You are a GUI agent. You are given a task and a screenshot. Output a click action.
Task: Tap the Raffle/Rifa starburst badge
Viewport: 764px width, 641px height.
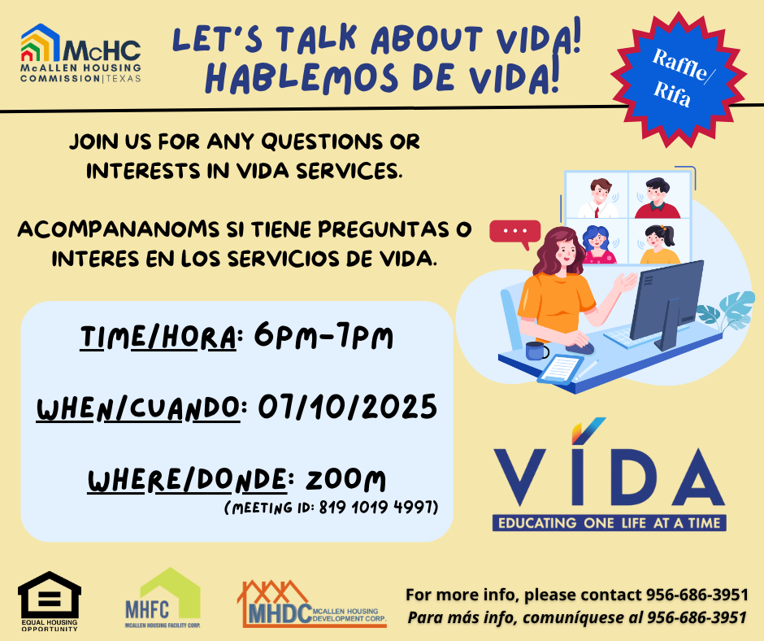point(679,79)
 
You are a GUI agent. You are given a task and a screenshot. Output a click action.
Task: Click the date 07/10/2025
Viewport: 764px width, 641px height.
point(347,408)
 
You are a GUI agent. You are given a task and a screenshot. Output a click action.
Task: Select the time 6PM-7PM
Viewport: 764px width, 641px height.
point(323,335)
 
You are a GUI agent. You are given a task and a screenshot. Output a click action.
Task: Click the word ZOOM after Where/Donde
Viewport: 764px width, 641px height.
point(345,480)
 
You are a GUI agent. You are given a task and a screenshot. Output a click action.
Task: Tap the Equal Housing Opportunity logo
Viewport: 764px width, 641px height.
point(50,601)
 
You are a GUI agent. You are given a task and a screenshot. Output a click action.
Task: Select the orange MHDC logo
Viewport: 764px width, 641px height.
point(312,604)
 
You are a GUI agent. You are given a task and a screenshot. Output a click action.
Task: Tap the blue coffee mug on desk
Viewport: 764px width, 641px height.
point(536,351)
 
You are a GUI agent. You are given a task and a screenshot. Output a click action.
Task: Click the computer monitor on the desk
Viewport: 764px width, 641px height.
point(666,305)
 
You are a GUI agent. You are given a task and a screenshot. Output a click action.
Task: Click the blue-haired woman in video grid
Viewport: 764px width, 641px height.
point(598,244)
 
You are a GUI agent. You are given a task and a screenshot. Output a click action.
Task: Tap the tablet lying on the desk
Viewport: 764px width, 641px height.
point(560,370)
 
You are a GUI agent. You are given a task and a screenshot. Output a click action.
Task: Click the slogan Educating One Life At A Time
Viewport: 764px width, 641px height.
point(609,523)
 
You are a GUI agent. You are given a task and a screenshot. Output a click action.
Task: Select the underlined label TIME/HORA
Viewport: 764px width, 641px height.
point(158,337)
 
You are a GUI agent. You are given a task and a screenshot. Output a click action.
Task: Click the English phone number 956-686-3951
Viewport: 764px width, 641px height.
point(697,595)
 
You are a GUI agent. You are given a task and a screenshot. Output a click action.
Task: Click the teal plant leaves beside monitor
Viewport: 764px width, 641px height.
point(727,310)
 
